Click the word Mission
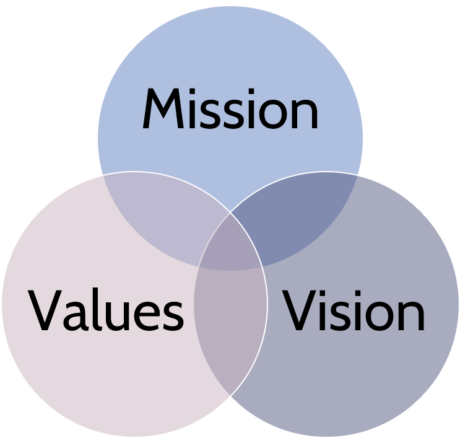tap(230, 108)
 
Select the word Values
tap(106, 310)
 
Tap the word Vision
tap(354, 310)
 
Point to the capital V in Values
tap(45, 310)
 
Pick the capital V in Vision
tap(299, 310)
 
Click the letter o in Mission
tap(273, 113)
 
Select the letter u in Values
tap(116, 316)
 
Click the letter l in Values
tap(95, 310)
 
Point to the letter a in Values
tap(76, 316)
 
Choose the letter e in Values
tap(146, 316)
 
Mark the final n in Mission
tap(306, 113)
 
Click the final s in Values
tap(173, 316)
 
